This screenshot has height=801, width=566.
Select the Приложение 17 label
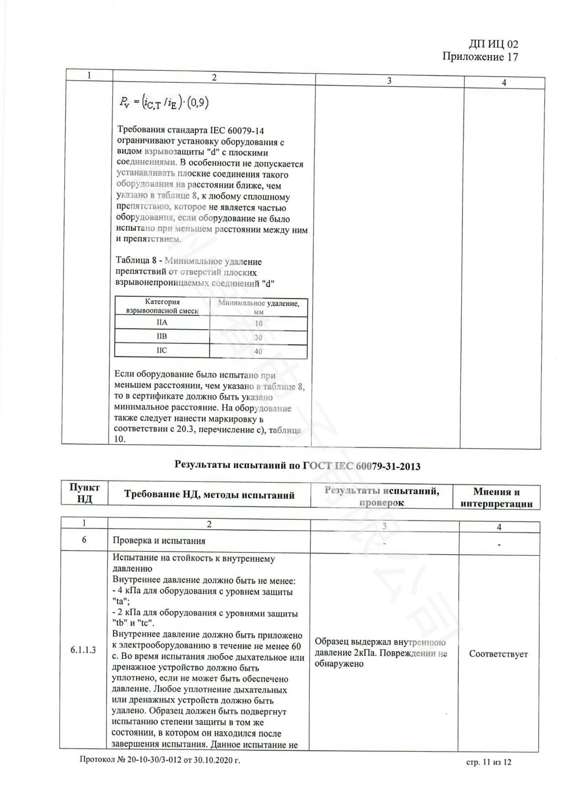(480, 57)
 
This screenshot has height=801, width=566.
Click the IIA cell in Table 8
(162, 322)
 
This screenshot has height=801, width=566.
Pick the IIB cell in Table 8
(162, 336)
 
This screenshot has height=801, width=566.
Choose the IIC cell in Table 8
(162, 350)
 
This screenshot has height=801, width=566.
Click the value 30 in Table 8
(258, 337)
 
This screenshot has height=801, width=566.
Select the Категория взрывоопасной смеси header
(163, 306)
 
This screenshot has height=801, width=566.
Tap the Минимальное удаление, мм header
(259, 307)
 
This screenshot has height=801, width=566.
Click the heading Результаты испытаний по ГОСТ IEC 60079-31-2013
(297, 466)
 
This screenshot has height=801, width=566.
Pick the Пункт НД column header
(84, 493)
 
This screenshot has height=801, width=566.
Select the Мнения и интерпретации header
(496, 498)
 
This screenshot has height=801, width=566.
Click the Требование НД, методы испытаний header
(209, 495)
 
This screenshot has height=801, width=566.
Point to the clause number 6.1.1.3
(83, 650)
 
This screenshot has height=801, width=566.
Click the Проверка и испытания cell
(159, 541)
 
